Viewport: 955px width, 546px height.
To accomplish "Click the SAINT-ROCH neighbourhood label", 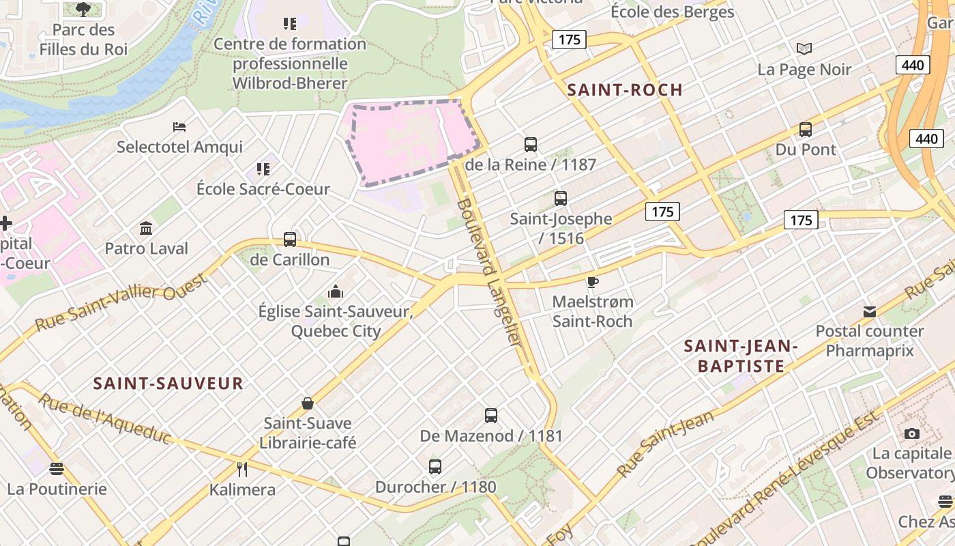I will [x=625, y=89].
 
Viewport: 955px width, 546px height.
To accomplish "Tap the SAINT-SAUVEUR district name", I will [x=168, y=383].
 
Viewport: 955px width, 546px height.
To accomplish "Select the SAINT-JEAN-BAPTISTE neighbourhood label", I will [x=741, y=356].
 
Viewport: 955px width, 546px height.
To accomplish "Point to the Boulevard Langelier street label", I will [x=490, y=273].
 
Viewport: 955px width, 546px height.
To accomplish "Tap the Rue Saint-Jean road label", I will [x=666, y=443].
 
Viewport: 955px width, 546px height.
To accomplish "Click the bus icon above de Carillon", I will [x=290, y=240].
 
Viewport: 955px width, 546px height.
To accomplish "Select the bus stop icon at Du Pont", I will [x=806, y=129].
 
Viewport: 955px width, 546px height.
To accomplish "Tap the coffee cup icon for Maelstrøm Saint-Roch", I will [x=593, y=281].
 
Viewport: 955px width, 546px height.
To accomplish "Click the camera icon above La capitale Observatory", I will [x=911, y=433].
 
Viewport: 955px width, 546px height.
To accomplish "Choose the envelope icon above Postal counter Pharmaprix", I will [x=870, y=311].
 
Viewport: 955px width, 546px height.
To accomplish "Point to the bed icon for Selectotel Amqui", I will [x=179, y=127].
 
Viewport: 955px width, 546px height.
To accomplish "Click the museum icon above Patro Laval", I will [x=146, y=228].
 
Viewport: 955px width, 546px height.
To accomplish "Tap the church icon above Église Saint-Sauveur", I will [x=335, y=292].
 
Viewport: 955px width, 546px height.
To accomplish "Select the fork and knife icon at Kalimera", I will [x=241, y=469].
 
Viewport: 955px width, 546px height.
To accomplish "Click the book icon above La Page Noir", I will [x=805, y=48].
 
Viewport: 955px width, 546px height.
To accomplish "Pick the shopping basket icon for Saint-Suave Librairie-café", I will [x=308, y=403].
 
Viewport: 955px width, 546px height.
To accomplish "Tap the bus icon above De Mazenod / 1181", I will [x=491, y=415].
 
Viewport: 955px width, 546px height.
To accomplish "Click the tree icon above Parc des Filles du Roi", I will [x=83, y=10].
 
